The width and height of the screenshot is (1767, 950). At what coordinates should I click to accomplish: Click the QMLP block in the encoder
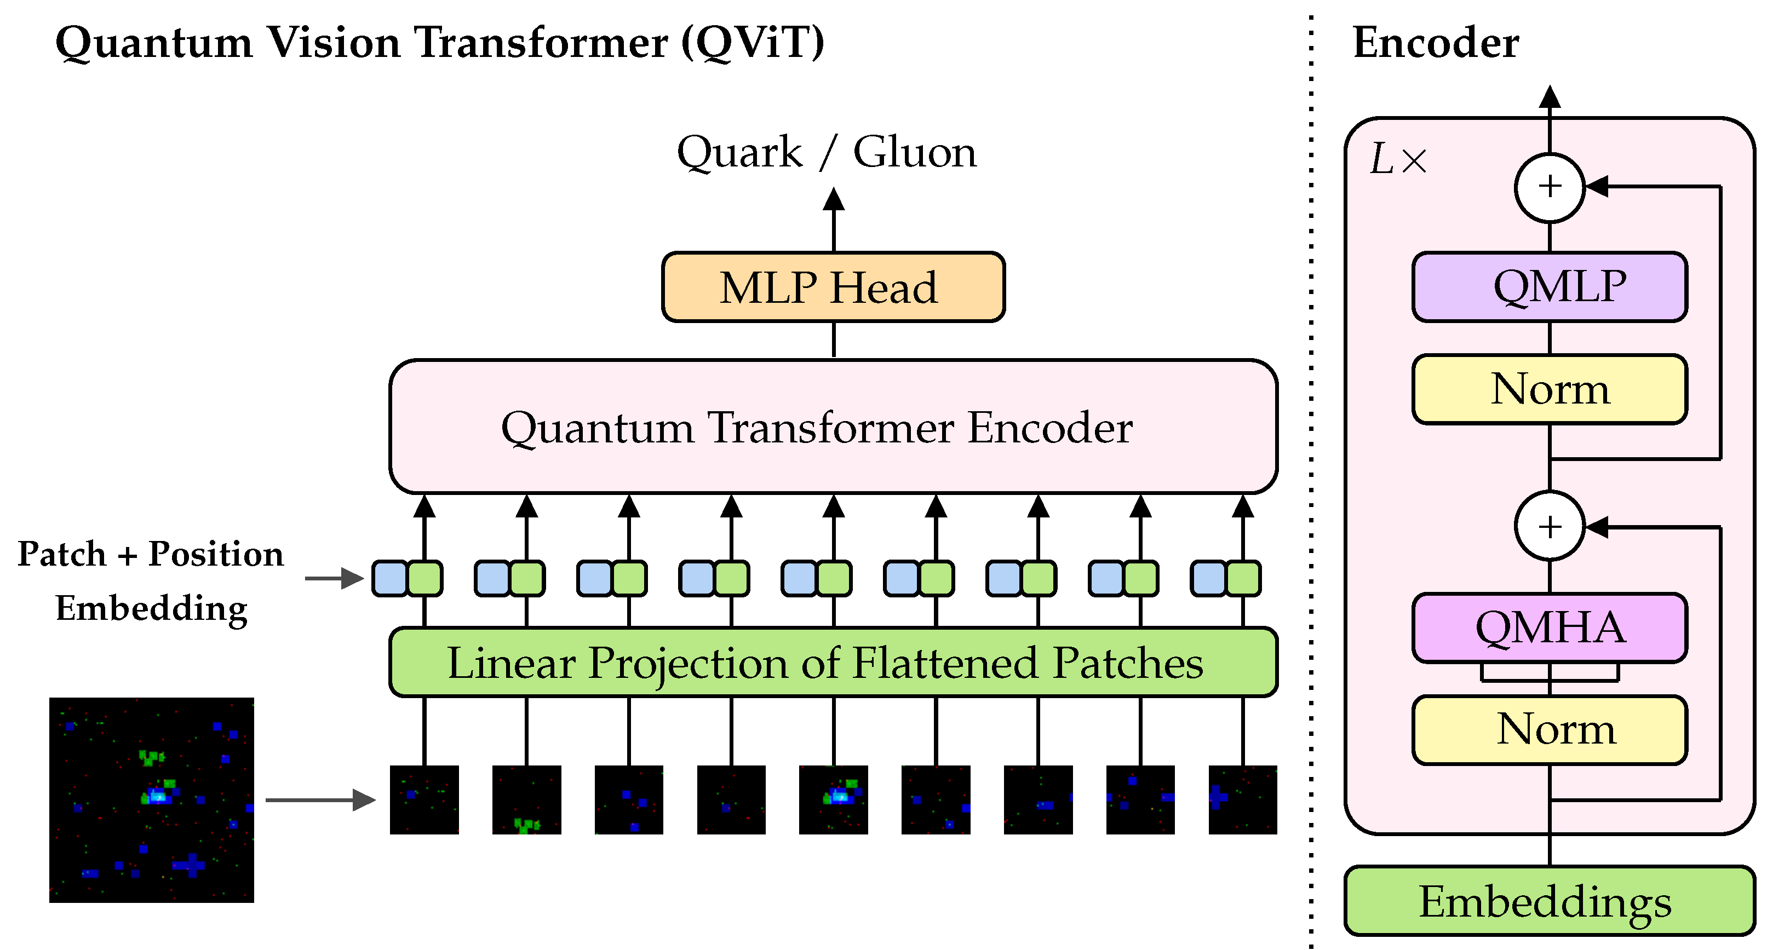[1550, 287]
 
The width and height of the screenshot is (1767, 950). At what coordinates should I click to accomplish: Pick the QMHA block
[1550, 627]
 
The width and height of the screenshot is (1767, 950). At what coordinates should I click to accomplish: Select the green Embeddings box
[1550, 901]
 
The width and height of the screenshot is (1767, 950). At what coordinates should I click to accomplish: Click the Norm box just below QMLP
[1550, 389]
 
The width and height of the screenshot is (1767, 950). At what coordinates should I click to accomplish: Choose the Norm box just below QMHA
[1550, 730]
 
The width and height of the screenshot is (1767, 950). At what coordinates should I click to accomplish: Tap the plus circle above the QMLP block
[1550, 187]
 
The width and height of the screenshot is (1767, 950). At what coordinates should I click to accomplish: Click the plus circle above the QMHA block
[1550, 527]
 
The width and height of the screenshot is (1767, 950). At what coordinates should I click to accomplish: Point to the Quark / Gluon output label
[826, 152]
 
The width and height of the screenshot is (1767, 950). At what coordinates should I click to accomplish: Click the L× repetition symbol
[1397, 160]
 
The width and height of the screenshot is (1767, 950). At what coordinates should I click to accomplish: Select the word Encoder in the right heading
[1435, 43]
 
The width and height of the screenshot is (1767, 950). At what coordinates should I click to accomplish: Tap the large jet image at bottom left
[152, 800]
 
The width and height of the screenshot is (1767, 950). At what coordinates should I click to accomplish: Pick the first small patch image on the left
[424, 800]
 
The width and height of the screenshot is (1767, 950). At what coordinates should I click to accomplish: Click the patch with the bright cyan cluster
[834, 800]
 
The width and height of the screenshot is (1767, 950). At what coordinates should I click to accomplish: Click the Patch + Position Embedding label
[151, 580]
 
